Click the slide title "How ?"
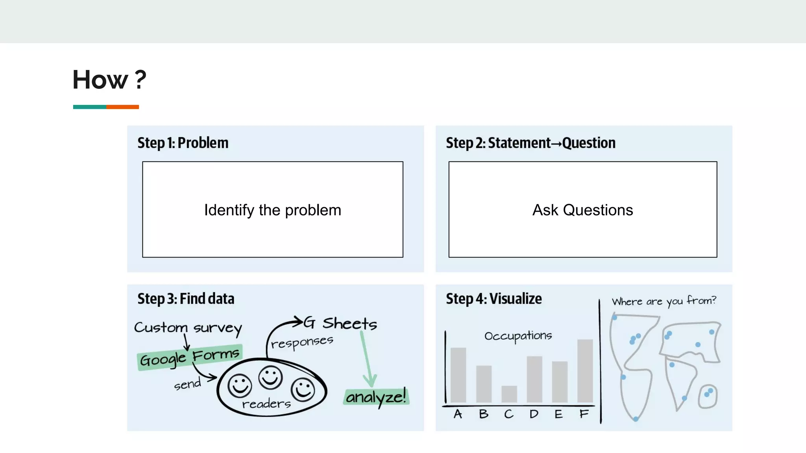pos(109,80)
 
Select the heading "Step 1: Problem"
pos(183,143)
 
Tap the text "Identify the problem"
pos(272,210)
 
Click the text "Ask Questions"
pos(582,210)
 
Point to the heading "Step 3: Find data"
pos(186,299)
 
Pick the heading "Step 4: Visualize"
pos(494,299)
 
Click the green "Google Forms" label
pos(190,357)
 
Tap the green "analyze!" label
pos(376,396)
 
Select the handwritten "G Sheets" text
pos(341,323)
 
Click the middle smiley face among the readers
pos(270,377)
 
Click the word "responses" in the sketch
pos(302,342)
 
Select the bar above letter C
pos(509,394)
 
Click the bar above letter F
pos(585,370)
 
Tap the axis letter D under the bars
pos(534,414)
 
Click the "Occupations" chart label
pos(518,336)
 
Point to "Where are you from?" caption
pos(664,301)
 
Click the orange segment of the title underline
pos(122,107)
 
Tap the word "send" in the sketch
pos(187,384)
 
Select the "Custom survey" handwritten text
pos(188,328)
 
